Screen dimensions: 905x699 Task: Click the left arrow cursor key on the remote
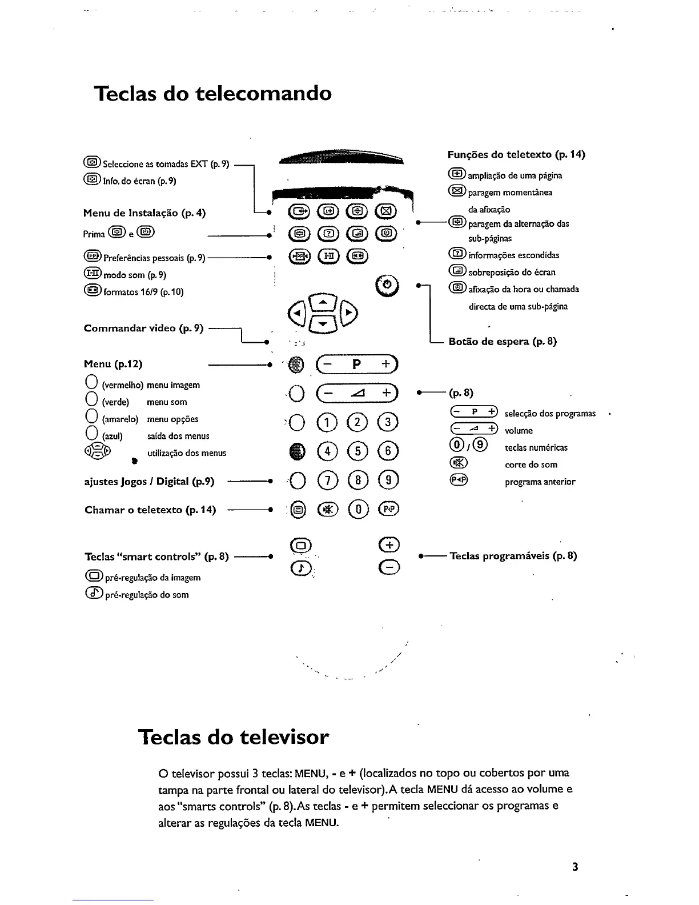(x=298, y=312)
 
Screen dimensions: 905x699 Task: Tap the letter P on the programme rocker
(x=356, y=364)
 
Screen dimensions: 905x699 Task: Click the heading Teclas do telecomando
(x=212, y=93)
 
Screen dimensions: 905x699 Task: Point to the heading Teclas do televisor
(x=234, y=736)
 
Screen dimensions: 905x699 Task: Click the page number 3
(x=575, y=867)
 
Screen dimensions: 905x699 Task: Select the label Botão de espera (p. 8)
(x=503, y=342)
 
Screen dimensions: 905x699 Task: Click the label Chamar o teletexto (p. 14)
(x=150, y=510)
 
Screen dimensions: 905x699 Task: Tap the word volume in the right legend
(x=519, y=430)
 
